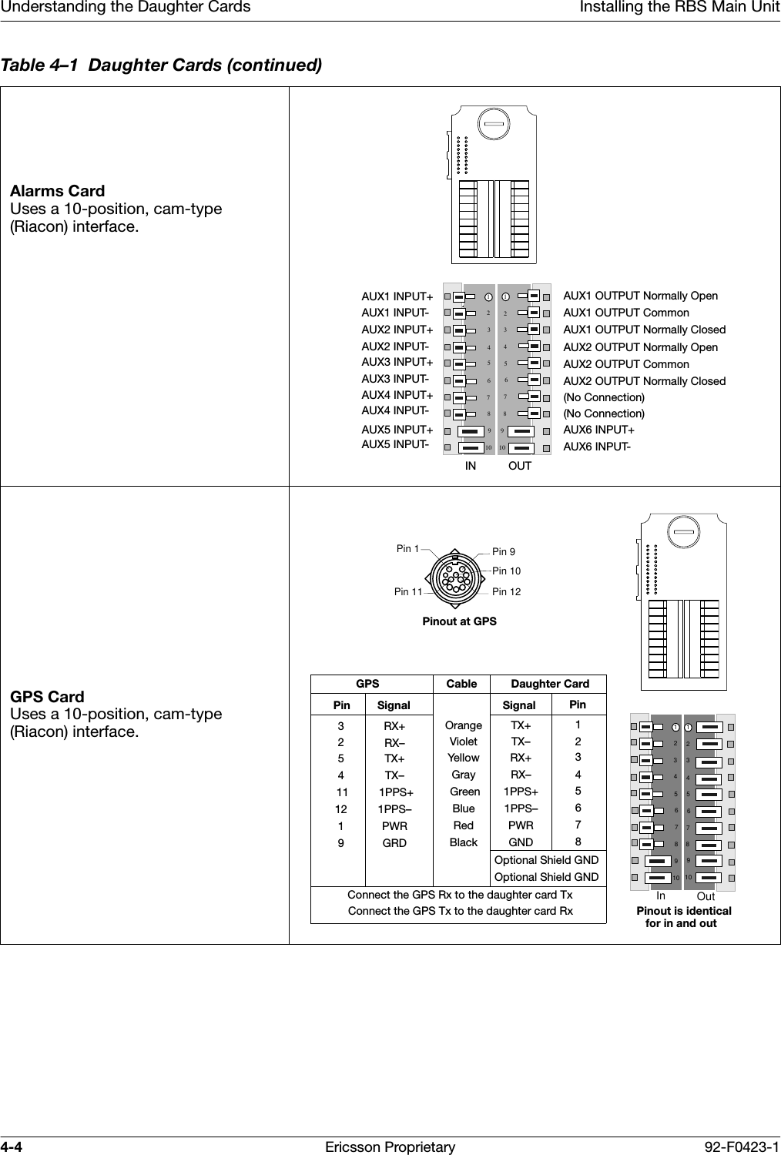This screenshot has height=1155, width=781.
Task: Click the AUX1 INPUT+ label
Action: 397,296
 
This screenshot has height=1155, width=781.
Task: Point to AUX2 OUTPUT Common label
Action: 626,364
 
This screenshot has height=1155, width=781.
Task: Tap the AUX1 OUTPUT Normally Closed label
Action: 644,330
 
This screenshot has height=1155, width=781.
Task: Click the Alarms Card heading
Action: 58,191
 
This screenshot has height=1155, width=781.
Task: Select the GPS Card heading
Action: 48,697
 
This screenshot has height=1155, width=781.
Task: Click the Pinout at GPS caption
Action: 459,621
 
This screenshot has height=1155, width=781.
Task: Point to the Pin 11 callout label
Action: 408,592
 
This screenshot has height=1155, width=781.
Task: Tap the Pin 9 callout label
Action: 504,552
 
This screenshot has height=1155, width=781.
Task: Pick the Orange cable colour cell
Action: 464,725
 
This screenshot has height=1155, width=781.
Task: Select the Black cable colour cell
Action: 464,842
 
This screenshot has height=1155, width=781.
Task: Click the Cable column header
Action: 461,684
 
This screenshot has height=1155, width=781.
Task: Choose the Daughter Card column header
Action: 550,684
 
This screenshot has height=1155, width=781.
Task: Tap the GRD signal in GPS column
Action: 394,843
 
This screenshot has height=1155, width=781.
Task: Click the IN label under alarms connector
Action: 470,466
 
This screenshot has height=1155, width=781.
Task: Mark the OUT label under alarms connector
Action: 520,466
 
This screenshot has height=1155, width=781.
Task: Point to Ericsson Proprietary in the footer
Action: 390,1147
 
